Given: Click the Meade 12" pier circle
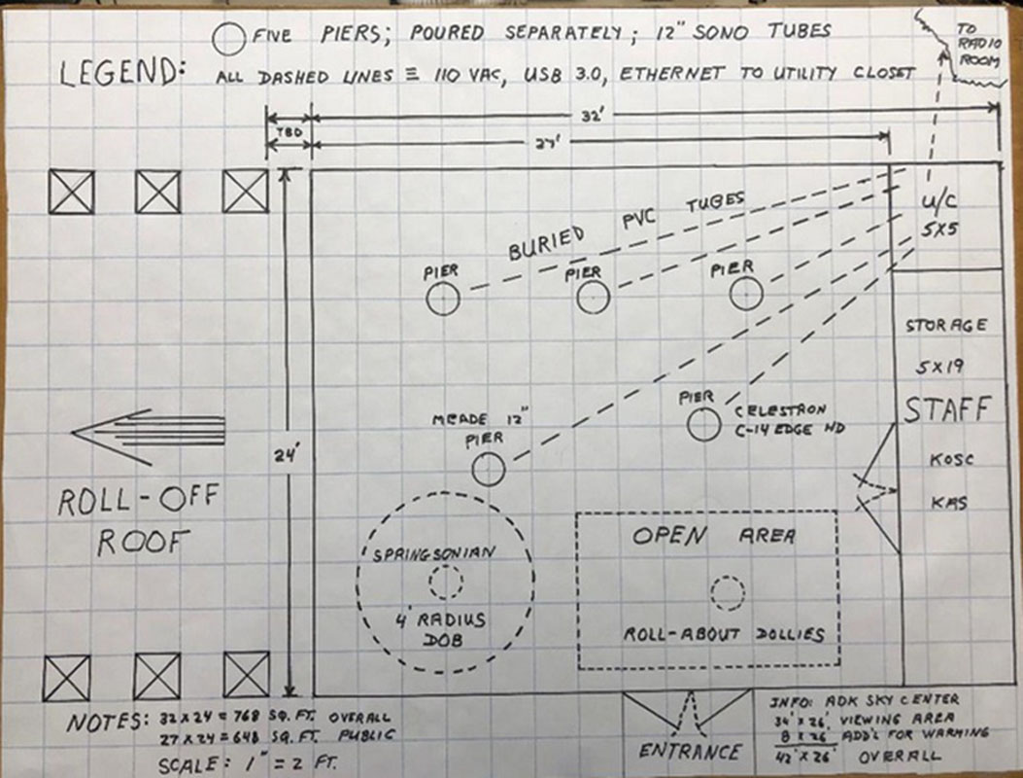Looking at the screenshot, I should [x=489, y=470].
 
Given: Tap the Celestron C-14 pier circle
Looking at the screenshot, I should [x=702, y=425].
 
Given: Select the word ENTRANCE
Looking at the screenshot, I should [x=690, y=751].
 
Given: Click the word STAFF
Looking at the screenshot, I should [x=947, y=410].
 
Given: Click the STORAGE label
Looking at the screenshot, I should [x=945, y=324].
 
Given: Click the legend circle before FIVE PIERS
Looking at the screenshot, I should [x=230, y=38].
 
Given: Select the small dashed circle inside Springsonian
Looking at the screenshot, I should [x=446, y=583].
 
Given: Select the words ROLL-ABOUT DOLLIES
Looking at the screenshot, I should [x=723, y=634].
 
